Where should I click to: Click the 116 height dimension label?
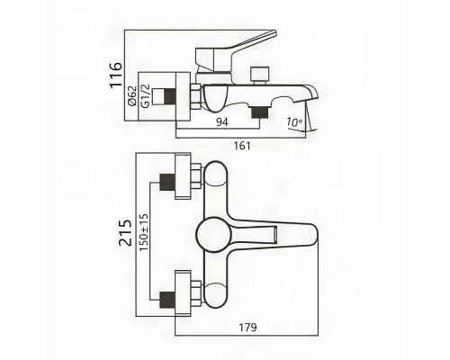click(116, 75)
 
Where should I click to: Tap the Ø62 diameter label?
click(132, 95)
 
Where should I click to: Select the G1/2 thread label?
click(145, 95)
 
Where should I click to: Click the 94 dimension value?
click(222, 122)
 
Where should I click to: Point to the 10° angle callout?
click(294, 122)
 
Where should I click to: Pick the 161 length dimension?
click(242, 146)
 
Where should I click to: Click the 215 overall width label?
click(125, 233)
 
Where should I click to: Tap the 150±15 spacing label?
click(144, 233)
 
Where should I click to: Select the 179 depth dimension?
click(248, 328)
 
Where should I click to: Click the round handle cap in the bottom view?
click(213, 233)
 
